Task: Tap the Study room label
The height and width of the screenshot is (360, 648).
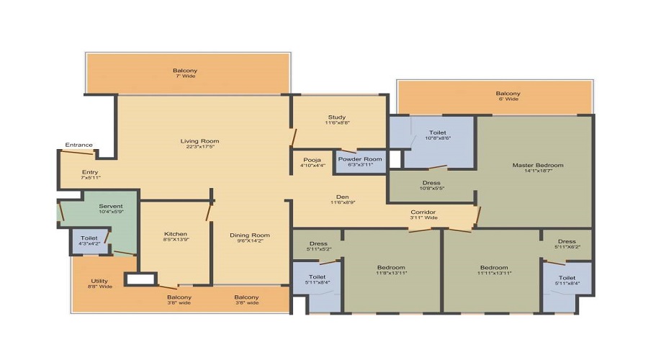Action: [337, 117]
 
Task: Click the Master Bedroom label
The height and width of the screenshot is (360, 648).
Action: [538, 166]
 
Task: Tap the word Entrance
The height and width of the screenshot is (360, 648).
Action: [78, 145]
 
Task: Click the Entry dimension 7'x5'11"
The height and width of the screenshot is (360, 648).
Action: [90, 177]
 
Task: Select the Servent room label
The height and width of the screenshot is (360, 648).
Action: [112, 207]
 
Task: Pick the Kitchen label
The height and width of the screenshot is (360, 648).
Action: [176, 234]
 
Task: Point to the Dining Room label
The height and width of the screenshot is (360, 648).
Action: [250, 235]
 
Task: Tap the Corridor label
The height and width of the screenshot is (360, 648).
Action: [423, 212]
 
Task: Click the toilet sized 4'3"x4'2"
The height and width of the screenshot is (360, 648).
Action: [89, 240]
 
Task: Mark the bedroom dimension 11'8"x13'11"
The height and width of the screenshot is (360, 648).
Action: [392, 274]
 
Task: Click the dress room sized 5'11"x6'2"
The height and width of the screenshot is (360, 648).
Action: [567, 245]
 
